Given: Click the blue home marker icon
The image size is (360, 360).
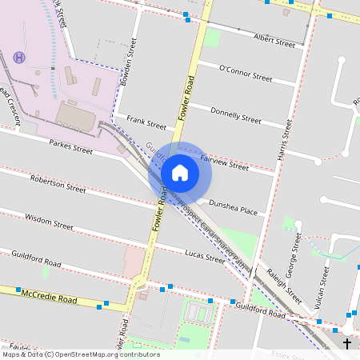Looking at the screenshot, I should [x=180, y=173].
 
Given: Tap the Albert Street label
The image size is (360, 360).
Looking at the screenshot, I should [x=274, y=38].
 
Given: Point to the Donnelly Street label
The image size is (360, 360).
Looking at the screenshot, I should [x=235, y=115].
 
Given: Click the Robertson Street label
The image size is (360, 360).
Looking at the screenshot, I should [x=58, y=184].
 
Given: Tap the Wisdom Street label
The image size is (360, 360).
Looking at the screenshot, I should [x=49, y=218].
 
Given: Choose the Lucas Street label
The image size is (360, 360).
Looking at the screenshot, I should [x=204, y=257].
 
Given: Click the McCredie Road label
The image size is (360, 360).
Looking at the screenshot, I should [x=49, y=298].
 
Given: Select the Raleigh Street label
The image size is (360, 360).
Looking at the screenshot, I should [x=284, y=283].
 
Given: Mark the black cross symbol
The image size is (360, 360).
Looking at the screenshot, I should [x=346, y=344].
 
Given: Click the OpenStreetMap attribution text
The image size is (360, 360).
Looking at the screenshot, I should [x=80, y=354].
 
